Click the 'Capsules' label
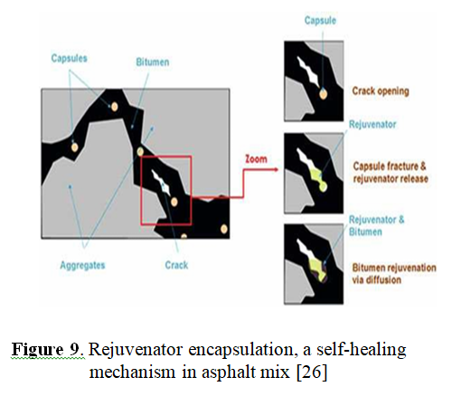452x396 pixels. click(69, 58)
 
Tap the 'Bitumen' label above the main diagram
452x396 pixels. click(153, 62)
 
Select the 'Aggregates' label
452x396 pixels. click(82, 266)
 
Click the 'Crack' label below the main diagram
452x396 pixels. click(176, 265)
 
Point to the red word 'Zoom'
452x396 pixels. click(256, 159)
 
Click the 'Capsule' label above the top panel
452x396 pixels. click(320, 21)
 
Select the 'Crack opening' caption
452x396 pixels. click(381, 91)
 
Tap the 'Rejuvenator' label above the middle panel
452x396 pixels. click(372, 124)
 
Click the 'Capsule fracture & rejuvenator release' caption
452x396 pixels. click(391, 173)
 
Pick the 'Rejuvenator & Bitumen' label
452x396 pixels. click(376, 226)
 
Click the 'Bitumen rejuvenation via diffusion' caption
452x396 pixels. click(394, 274)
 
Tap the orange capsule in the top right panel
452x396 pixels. click(323, 94)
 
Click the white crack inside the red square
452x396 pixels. click(161, 182)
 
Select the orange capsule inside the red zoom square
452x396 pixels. click(174, 202)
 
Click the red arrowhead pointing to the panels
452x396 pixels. click(276, 170)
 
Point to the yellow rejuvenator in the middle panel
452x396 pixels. click(318, 179)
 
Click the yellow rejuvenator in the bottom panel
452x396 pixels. click(319, 269)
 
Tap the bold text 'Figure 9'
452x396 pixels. click(45, 350)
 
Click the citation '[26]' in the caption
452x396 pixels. click(312, 372)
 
